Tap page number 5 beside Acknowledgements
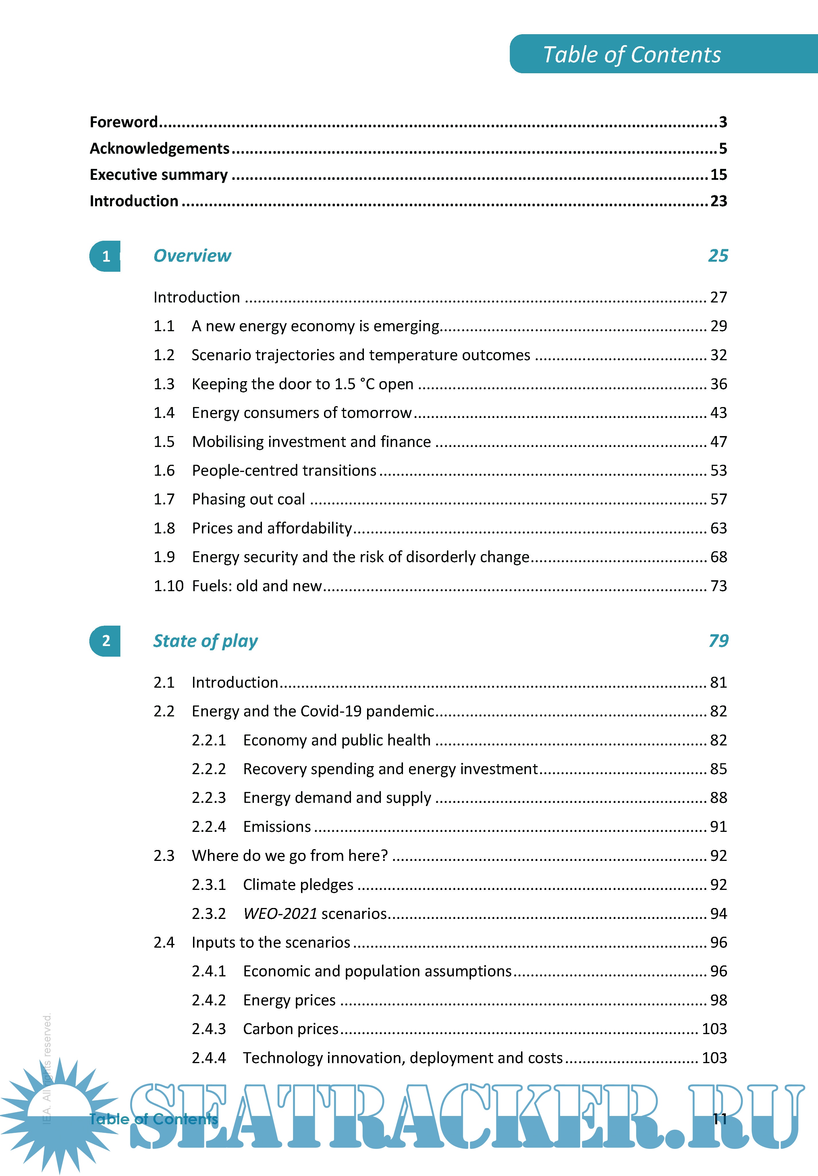coord(722,149)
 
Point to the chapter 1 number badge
coord(105,256)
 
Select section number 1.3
coord(164,384)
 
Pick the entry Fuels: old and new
coord(256,586)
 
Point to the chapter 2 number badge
coord(105,641)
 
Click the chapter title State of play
coord(205,641)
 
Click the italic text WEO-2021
coord(280,914)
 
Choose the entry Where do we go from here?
coord(290,856)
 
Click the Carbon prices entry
coord(290,1029)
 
